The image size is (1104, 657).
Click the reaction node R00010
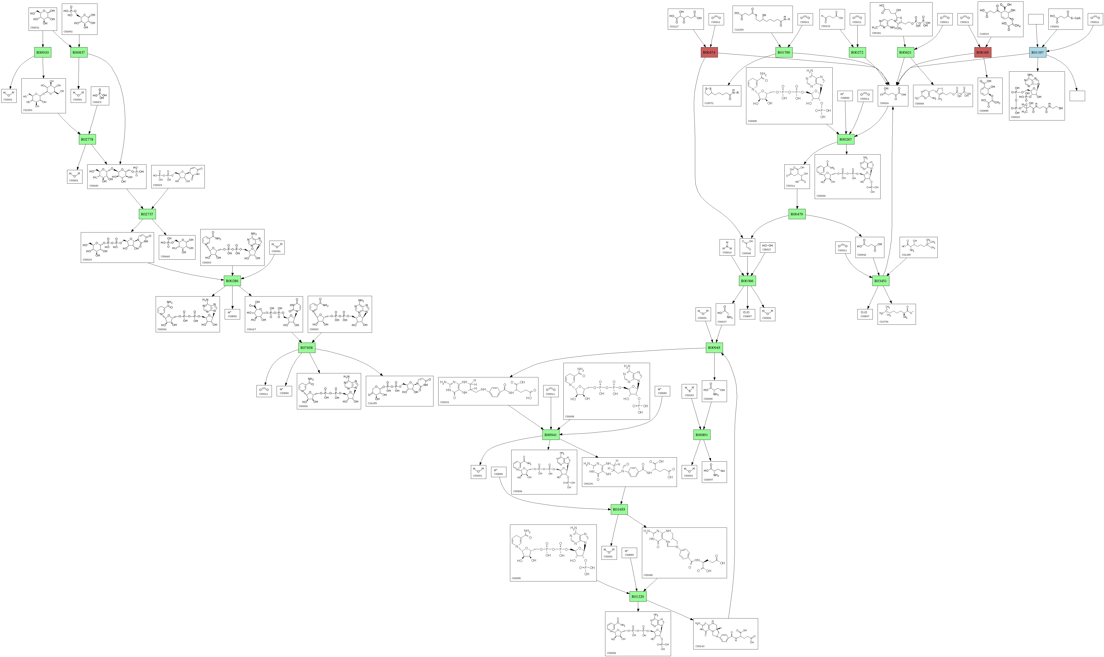(x=43, y=52)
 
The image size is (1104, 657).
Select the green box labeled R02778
(x=87, y=139)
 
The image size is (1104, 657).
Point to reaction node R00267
(x=845, y=139)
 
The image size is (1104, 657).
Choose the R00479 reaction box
(x=797, y=214)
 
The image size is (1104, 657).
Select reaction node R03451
(x=880, y=281)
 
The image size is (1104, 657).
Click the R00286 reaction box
(x=232, y=281)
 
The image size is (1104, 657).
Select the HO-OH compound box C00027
(x=767, y=247)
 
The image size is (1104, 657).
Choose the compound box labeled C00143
(x=725, y=634)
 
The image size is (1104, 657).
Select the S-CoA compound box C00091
(x=1065, y=19)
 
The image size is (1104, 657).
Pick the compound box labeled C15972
(x=722, y=96)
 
